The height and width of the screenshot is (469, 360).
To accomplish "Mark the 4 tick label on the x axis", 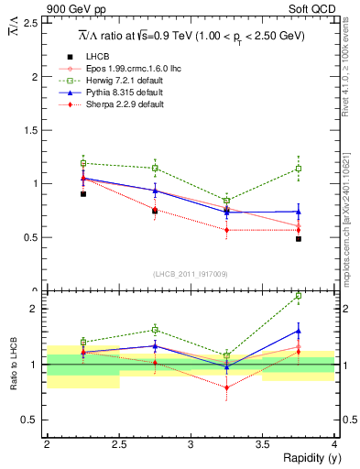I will coord(333,444).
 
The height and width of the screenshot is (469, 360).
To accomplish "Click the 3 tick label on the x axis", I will coord(190,444).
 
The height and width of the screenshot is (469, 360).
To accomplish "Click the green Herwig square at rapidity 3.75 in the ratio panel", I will coord(299,296).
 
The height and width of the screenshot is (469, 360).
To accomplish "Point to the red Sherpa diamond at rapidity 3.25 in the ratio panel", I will coord(226,387).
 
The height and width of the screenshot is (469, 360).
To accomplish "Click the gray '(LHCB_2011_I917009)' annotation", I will coord(190,274).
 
